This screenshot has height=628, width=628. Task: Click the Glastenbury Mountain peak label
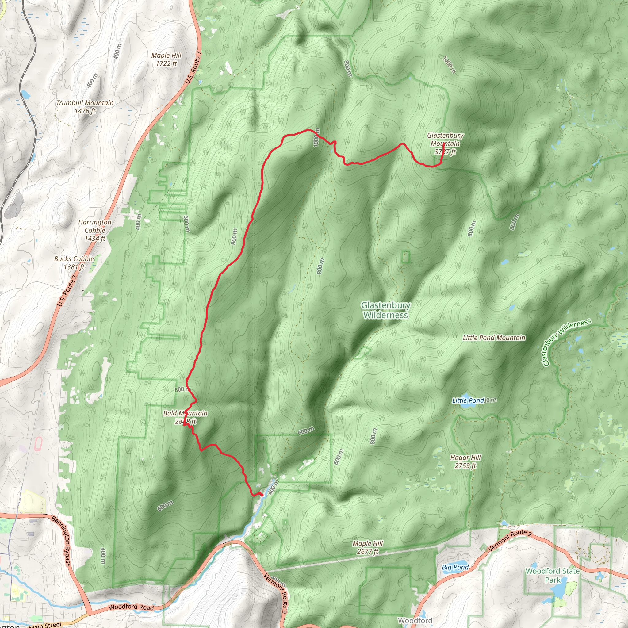pos(445,143)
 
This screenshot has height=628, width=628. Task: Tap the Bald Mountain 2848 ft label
pos(185,417)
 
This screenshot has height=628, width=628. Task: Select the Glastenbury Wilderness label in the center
pos(385,310)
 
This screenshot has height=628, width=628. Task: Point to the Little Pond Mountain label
pos(494,338)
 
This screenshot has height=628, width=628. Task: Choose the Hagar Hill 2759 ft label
pos(465,461)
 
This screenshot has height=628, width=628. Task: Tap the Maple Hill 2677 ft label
pos(368,547)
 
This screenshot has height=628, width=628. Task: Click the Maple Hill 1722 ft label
pos(166,59)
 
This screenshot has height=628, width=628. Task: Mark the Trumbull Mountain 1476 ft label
pos(85,107)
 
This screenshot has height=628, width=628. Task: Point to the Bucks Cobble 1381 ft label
pos(74,263)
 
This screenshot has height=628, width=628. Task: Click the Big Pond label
pos(455,567)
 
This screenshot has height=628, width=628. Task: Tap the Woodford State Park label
pos(553,575)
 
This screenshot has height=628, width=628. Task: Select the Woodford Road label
pos(131,607)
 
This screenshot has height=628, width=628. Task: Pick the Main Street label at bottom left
pos(45,625)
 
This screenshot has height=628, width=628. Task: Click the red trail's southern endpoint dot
pos(262,495)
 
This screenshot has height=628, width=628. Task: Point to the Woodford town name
pos(415,621)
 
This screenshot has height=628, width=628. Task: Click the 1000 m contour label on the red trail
pos(316,137)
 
